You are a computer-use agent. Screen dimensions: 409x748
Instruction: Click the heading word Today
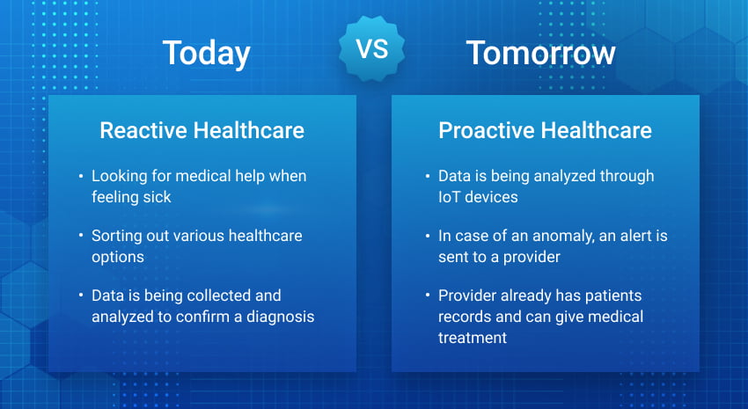coord(206,53)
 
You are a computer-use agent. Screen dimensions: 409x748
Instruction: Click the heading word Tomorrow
coord(540,53)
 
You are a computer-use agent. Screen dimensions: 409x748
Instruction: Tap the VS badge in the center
coord(373,49)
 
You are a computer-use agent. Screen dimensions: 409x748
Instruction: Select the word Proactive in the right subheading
coord(486,131)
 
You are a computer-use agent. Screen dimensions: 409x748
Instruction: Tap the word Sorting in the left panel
coord(117,236)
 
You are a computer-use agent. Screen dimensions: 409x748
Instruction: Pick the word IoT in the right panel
coord(451,197)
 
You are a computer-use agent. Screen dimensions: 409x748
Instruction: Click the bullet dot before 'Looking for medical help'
coord(82,177)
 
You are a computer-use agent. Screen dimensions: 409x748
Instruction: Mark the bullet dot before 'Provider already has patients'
coord(429,296)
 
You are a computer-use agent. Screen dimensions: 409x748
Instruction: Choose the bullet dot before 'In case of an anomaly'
coord(429,237)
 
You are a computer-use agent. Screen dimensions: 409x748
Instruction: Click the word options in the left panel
coord(117,256)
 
